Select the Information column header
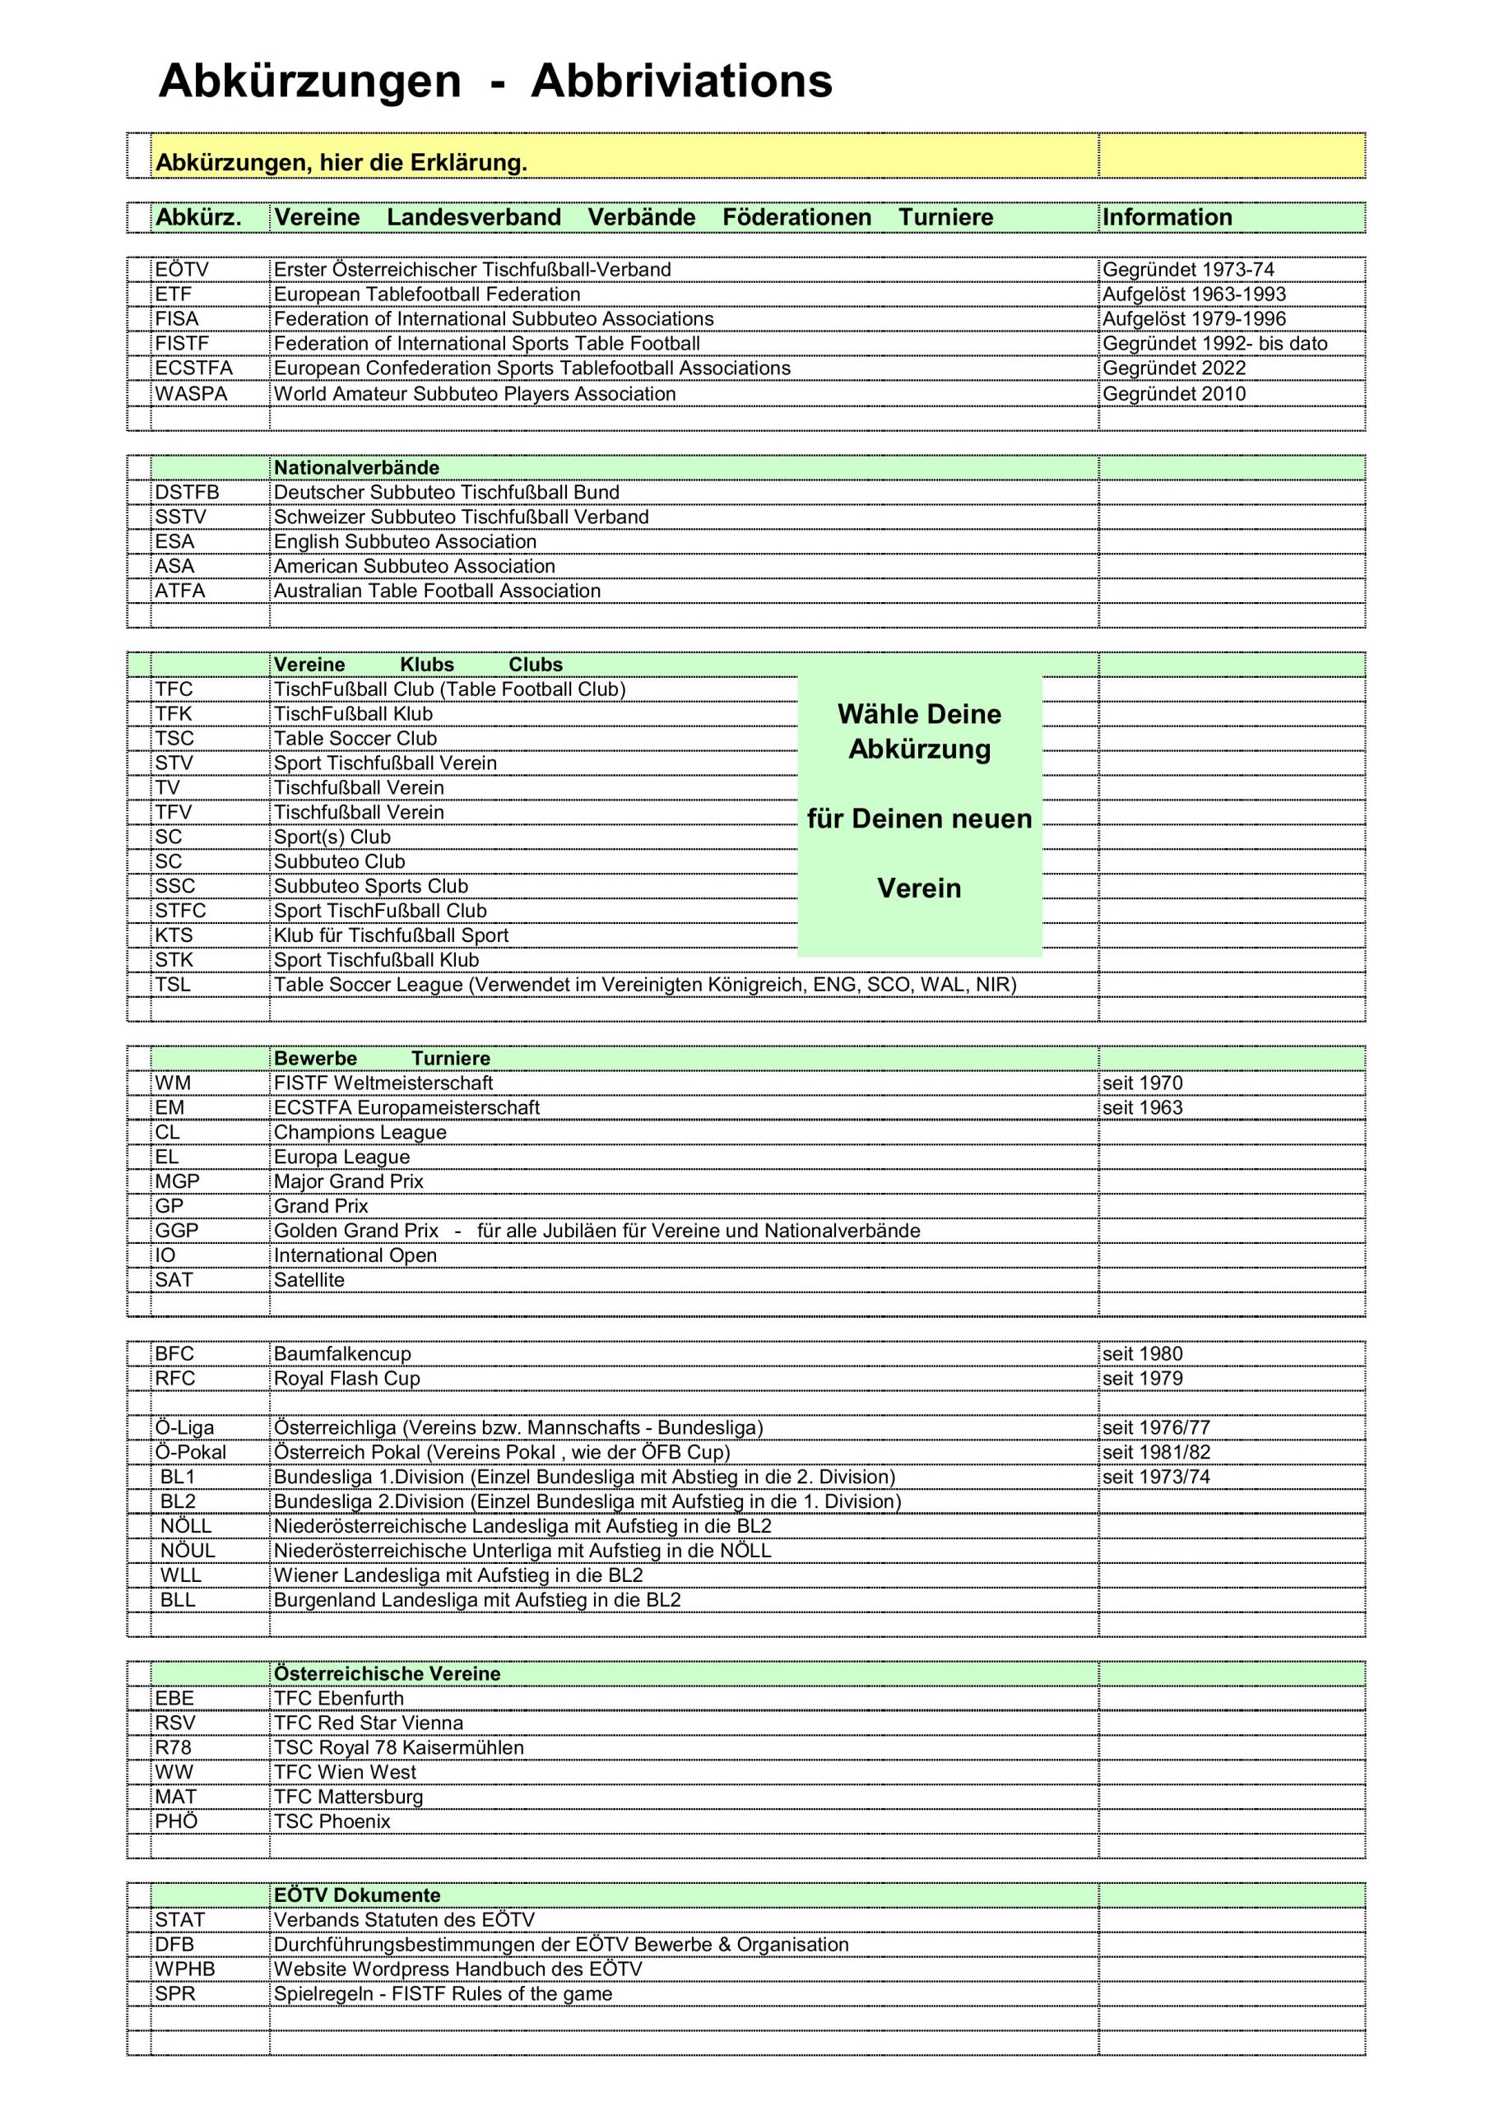point(1167,217)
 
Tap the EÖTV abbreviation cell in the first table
point(182,270)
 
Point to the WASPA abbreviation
point(191,394)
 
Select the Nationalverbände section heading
point(356,468)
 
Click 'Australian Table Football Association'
point(437,591)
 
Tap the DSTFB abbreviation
point(187,493)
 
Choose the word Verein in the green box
point(918,888)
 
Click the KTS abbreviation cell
point(174,935)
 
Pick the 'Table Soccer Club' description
point(355,739)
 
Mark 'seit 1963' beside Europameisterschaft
point(1142,1108)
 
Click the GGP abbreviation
point(176,1231)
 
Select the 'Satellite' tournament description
point(309,1281)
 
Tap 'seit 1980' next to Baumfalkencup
point(1142,1354)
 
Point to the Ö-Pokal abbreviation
point(190,1452)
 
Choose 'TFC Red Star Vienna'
point(368,1723)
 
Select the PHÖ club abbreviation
point(176,1821)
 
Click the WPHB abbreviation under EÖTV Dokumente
point(184,1969)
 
